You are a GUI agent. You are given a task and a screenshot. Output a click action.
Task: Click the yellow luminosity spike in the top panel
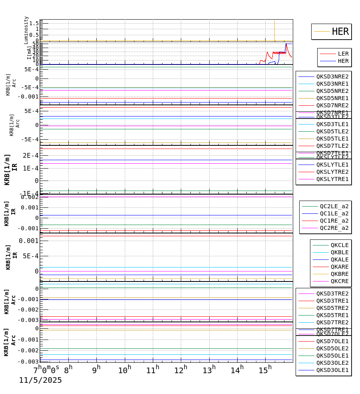pos(274,30)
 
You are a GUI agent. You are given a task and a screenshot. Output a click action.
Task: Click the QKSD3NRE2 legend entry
pos(332,76)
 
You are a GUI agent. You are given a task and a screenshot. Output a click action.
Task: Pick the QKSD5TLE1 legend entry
pos(332,139)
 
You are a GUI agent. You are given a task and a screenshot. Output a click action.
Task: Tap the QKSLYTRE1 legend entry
pos(332,179)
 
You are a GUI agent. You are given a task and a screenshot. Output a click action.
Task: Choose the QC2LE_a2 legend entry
pos(334,206)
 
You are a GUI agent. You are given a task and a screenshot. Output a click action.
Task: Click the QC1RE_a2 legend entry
pos(334,221)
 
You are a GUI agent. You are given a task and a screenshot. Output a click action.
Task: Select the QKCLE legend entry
pos(339,245)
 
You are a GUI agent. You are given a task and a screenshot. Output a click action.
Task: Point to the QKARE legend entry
pos(339,267)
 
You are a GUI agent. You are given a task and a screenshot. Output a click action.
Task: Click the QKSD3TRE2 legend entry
pos(332,293)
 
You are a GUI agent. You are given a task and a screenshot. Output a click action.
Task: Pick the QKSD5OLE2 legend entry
pos(332,348)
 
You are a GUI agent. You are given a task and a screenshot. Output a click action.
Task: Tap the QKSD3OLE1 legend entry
pos(332,370)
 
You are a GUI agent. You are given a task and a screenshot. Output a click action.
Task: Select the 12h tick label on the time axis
pos(181,370)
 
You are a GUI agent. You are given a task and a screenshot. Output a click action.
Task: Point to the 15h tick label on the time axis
pos(265,370)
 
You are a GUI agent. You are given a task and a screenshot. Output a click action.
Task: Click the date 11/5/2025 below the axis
pos(40,380)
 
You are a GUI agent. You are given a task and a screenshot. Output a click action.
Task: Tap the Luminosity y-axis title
pos(26,30)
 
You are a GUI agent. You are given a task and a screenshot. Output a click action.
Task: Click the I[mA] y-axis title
pos(29,52)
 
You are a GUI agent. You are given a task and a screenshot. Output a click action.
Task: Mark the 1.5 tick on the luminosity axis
pos(34,23)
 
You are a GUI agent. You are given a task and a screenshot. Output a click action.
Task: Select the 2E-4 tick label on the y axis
pos(31,155)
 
